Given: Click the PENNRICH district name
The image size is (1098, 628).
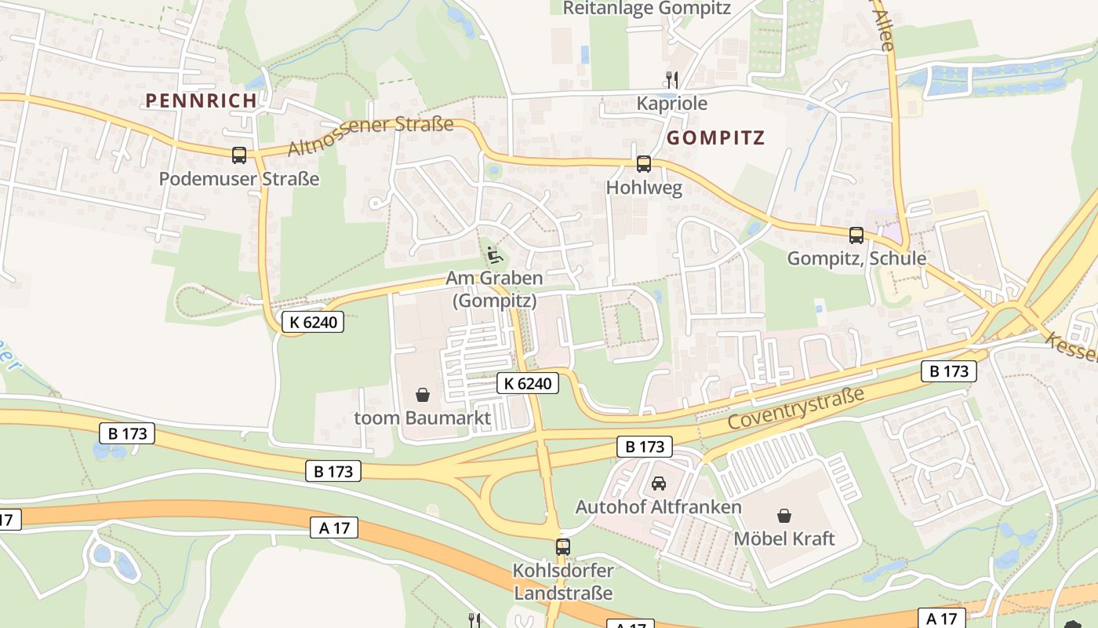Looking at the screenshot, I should tap(201, 100).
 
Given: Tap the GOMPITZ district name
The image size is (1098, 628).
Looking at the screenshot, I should tap(714, 138).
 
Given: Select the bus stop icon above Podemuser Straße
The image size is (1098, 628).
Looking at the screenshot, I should tap(239, 155).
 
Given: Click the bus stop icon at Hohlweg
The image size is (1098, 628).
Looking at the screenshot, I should tap(644, 164).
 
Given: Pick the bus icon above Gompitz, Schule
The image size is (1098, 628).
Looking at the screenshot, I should tap(856, 235).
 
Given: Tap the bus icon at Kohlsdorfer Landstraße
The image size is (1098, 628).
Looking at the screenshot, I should tap(562, 546).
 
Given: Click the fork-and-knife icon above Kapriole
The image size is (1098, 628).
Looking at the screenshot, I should tap(671, 79).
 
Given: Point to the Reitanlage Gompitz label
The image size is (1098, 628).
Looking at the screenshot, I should tap(647, 9).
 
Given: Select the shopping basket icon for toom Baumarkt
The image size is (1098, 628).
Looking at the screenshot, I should tap(423, 394).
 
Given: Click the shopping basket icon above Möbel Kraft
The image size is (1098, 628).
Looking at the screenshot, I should tap(784, 515).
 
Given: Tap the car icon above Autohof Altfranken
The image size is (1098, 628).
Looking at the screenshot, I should tap(659, 484).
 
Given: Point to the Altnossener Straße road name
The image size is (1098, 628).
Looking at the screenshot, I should tap(370, 136).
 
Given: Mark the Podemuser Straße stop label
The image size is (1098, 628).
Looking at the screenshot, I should tap(239, 179).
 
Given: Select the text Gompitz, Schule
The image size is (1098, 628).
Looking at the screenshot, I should tap(856, 258).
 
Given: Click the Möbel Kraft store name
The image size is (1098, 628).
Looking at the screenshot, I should tap(784, 539).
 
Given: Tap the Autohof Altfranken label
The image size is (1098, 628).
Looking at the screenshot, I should tap(659, 507).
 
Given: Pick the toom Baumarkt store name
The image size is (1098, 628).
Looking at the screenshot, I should tap(423, 418).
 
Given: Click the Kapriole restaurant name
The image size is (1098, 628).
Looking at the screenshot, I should tap(671, 104).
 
